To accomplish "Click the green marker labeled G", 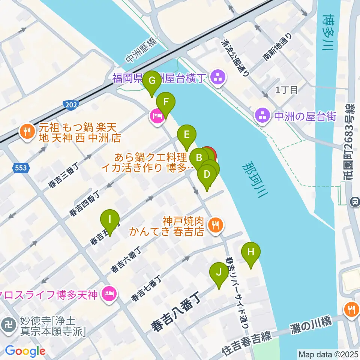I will click(x=152, y=81).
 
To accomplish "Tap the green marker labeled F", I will click(x=165, y=102).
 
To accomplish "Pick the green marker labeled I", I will click(x=110, y=219).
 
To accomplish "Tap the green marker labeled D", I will click(x=207, y=175).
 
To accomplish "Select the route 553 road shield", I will click(x=21, y=168).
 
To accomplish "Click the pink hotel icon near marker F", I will click(x=156, y=116).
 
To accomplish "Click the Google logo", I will click(x=25, y=351).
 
